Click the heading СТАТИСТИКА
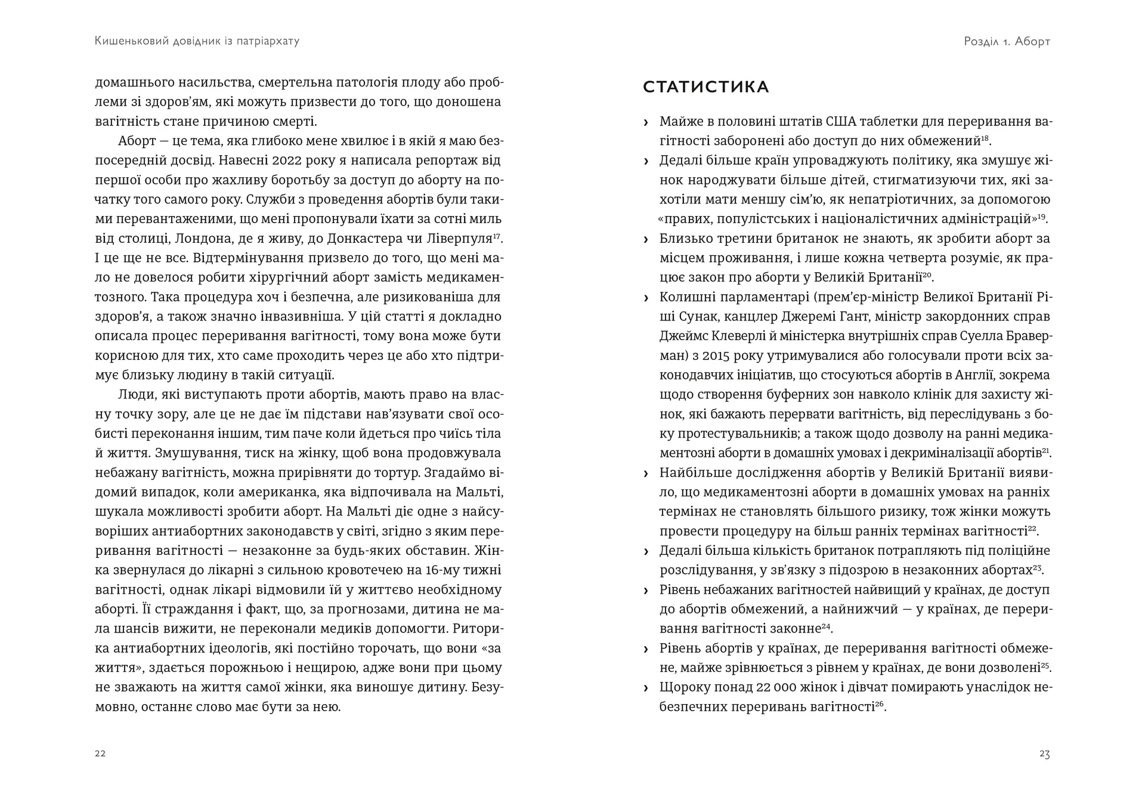(x=705, y=87)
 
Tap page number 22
(x=100, y=754)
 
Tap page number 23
(x=1044, y=754)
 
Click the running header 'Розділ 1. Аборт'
(x=1007, y=41)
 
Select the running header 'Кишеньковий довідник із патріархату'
(x=197, y=41)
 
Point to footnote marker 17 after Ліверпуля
(x=497, y=236)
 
